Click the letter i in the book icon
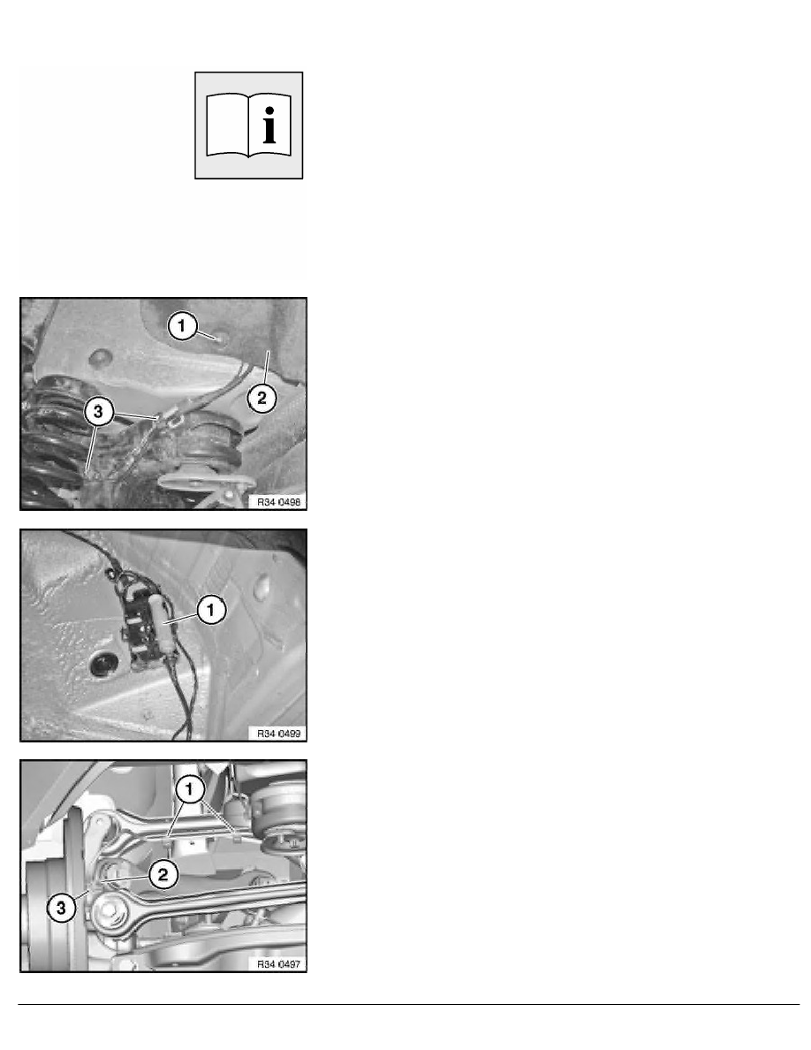click(269, 126)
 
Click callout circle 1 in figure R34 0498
click(182, 326)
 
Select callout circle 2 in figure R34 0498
click(261, 399)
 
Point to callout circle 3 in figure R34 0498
click(98, 411)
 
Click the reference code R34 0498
click(279, 501)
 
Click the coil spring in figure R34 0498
click(50, 442)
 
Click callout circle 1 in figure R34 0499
click(211, 610)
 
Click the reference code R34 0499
click(279, 734)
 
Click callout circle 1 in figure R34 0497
click(189, 789)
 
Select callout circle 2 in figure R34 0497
click(163, 874)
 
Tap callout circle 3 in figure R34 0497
click(61, 908)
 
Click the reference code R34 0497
click(279, 964)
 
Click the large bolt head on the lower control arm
click(109, 910)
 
